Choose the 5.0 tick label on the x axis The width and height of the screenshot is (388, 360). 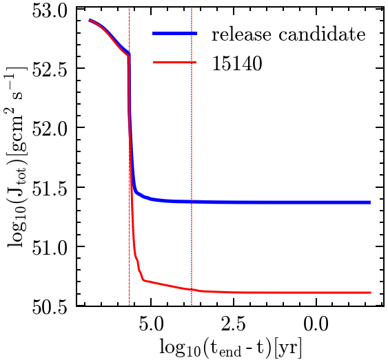click(151, 321)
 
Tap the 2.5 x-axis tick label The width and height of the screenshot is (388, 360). click(233, 321)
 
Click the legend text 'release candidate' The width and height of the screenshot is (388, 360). click(287, 34)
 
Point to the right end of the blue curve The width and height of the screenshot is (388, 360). click(370, 202)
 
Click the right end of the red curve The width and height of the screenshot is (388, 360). click(370, 293)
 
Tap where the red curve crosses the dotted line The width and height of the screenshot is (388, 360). click(191, 289)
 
